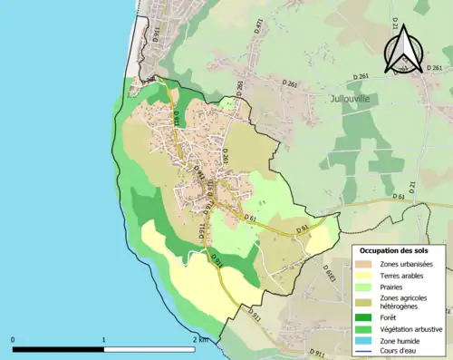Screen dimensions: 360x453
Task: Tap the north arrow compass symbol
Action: tap(402, 48)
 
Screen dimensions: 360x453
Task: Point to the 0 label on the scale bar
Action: tap(13, 340)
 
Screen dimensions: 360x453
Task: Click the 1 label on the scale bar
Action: tap(104, 340)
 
